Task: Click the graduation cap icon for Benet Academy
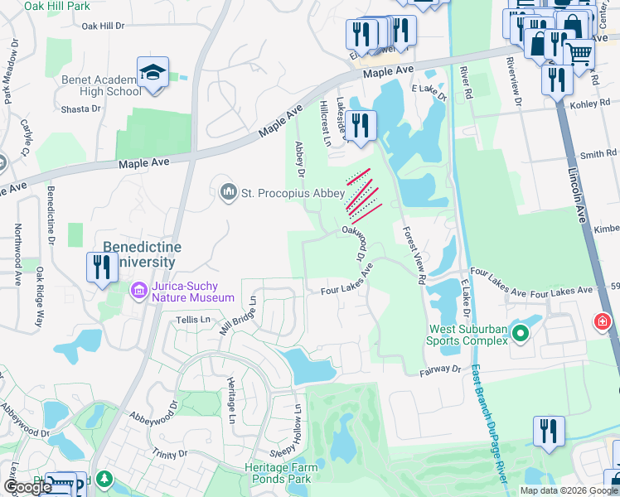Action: (x=153, y=73)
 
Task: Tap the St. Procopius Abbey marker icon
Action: (x=229, y=193)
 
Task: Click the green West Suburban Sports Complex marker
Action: (x=520, y=334)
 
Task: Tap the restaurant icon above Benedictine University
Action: (x=102, y=268)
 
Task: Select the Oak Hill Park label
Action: (x=57, y=6)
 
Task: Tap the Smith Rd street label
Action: (x=598, y=154)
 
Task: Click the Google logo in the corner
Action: (x=27, y=487)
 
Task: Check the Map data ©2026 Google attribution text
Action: (x=568, y=490)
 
